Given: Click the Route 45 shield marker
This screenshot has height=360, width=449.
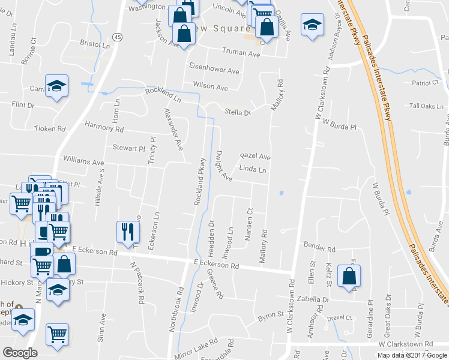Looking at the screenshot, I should pyautogui.click(x=117, y=37).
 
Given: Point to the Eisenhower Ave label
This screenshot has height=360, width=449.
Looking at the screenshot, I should pyautogui.click(x=214, y=70).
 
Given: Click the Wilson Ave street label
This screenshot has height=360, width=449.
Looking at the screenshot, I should pyautogui.click(x=211, y=86).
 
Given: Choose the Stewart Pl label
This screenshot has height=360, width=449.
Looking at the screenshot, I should pyautogui.click(x=129, y=147).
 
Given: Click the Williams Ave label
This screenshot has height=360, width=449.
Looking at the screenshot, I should pyautogui.click(x=83, y=162).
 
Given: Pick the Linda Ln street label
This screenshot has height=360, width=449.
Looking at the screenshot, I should pyautogui.click(x=253, y=170).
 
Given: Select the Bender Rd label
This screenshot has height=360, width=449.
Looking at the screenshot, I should pyautogui.click(x=319, y=248).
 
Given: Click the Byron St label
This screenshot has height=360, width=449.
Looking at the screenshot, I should pyautogui.click(x=270, y=314).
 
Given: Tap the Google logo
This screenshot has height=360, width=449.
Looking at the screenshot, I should pyautogui.click(x=20, y=353).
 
